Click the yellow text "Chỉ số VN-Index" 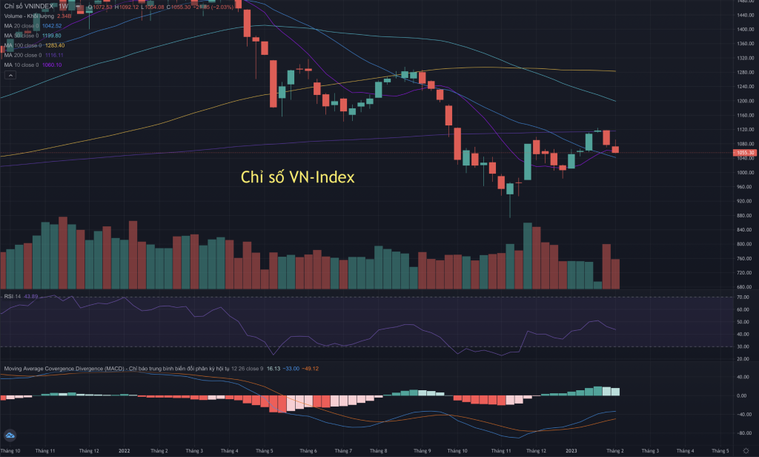point(299,178)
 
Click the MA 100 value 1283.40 point(56,45)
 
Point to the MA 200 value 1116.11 point(56,55)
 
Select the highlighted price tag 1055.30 point(744,153)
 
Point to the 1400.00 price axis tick point(744,29)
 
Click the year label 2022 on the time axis point(125,450)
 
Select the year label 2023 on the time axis point(573,450)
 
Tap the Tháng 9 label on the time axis point(422,450)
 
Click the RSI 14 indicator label point(11,297)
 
